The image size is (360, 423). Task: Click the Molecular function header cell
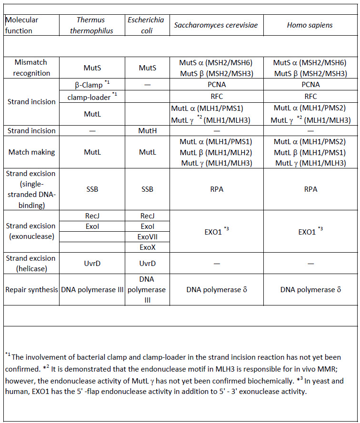click(x=22, y=25)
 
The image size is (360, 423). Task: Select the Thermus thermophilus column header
click(x=90, y=25)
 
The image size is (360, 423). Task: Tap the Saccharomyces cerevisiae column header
click(x=216, y=25)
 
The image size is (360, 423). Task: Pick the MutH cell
click(x=147, y=130)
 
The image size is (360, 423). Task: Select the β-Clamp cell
click(x=90, y=85)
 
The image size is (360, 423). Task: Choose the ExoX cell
click(x=147, y=248)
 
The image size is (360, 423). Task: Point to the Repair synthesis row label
click(x=31, y=289)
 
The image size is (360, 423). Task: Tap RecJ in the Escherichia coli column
click(x=147, y=216)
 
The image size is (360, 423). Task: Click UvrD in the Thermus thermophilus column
click(x=90, y=263)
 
